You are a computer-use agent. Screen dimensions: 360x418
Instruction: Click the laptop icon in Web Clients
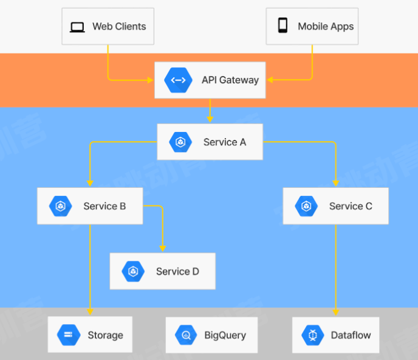[77, 27]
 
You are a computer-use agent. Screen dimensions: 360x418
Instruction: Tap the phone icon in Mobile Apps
[283, 26]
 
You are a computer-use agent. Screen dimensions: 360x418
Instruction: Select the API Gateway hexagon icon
[178, 80]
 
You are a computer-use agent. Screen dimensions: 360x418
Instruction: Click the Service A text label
[225, 142]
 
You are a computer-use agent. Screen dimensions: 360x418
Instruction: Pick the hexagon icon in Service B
[61, 206]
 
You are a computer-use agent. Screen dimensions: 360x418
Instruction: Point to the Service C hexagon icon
[306, 206]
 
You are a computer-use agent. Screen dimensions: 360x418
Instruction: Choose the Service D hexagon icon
[134, 271]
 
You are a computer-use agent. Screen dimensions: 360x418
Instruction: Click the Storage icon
[69, 335]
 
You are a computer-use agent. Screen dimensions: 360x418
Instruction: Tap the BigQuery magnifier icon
[186, 335]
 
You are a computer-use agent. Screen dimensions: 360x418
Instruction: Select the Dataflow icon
[313, 335]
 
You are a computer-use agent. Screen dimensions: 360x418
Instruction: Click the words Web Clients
[119, 27]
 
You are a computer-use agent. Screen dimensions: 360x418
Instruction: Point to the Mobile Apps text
[326, 27]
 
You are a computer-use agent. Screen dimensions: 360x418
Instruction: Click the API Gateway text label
[230, 80]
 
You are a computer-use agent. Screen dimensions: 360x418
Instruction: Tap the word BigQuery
[225, 335]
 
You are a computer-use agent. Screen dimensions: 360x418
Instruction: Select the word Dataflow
[351, 335]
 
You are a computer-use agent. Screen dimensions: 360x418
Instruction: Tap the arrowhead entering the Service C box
[335, 182]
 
